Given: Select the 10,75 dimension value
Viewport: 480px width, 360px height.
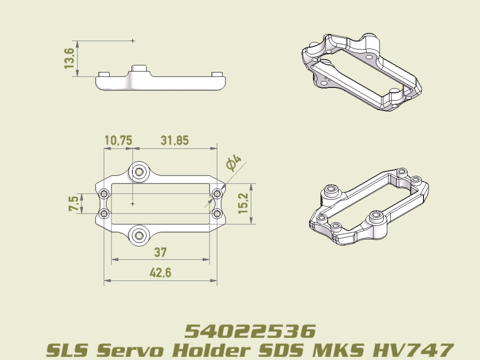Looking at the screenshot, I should pos(118,140).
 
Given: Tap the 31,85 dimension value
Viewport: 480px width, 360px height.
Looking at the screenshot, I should pos(174,140).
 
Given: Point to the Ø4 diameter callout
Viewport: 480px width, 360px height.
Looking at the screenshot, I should pos(233,163).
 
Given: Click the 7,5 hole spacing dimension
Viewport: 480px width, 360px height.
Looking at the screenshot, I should pos(73,203).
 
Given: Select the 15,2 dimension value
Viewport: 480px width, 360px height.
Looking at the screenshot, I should pos(243,203).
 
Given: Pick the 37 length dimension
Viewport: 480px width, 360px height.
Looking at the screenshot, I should pos(160,252).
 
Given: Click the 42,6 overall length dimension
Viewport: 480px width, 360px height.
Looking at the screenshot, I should pos(160,273).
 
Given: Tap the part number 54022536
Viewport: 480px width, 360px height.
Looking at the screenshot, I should pos(250,331).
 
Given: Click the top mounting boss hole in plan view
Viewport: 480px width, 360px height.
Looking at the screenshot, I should pos(139,172).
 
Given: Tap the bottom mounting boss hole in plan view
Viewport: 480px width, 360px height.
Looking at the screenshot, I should pos(139,235).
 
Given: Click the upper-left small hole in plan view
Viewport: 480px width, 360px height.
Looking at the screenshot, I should pos(104,194).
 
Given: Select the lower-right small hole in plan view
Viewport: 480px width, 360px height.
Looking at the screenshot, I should pos(217,214).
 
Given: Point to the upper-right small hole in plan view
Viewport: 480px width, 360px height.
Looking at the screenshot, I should pos(217,194).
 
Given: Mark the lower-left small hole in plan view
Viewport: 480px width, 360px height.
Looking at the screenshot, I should pos(104,214).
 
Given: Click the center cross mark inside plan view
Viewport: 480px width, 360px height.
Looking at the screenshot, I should pos(132,204).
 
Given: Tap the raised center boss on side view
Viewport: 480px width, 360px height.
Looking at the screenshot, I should pos(139,69).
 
